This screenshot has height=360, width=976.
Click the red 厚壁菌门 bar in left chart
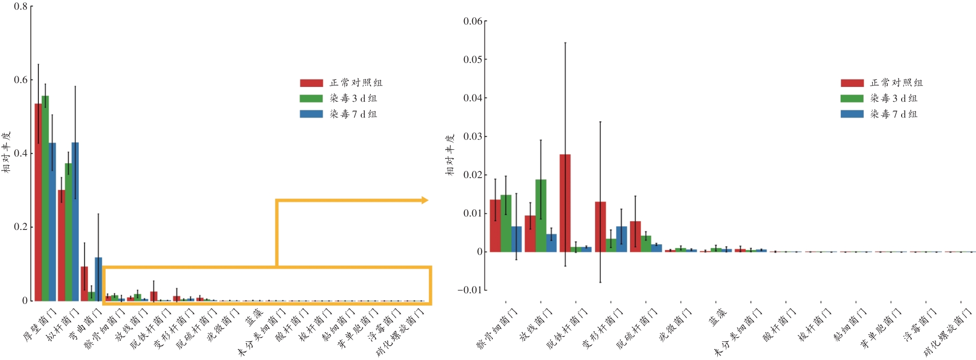pyautogui.click(x=38, y=202)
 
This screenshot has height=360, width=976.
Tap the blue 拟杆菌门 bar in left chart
pyautogui.click(x=75, y=221)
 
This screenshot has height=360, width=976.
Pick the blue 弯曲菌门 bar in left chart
pyautogui.click(x=98, y=279)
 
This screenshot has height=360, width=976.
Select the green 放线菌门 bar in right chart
pyautogui.click(x=541, y=216)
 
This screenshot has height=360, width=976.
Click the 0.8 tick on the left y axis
pyautogui.click(x=21, y=7)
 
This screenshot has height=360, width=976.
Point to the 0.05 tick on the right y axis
pyautogui.click(x=473, y=60)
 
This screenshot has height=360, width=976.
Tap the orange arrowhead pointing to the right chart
pyautogui.click(x=425, y=200)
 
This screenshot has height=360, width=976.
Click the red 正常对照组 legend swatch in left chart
pyautogui.click(x=311, y=83)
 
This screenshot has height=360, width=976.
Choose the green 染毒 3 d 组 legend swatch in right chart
pyautogui.click(x=852, y=98)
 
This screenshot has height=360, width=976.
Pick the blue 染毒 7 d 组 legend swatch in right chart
pyautogui.click(x=852, y=114)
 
